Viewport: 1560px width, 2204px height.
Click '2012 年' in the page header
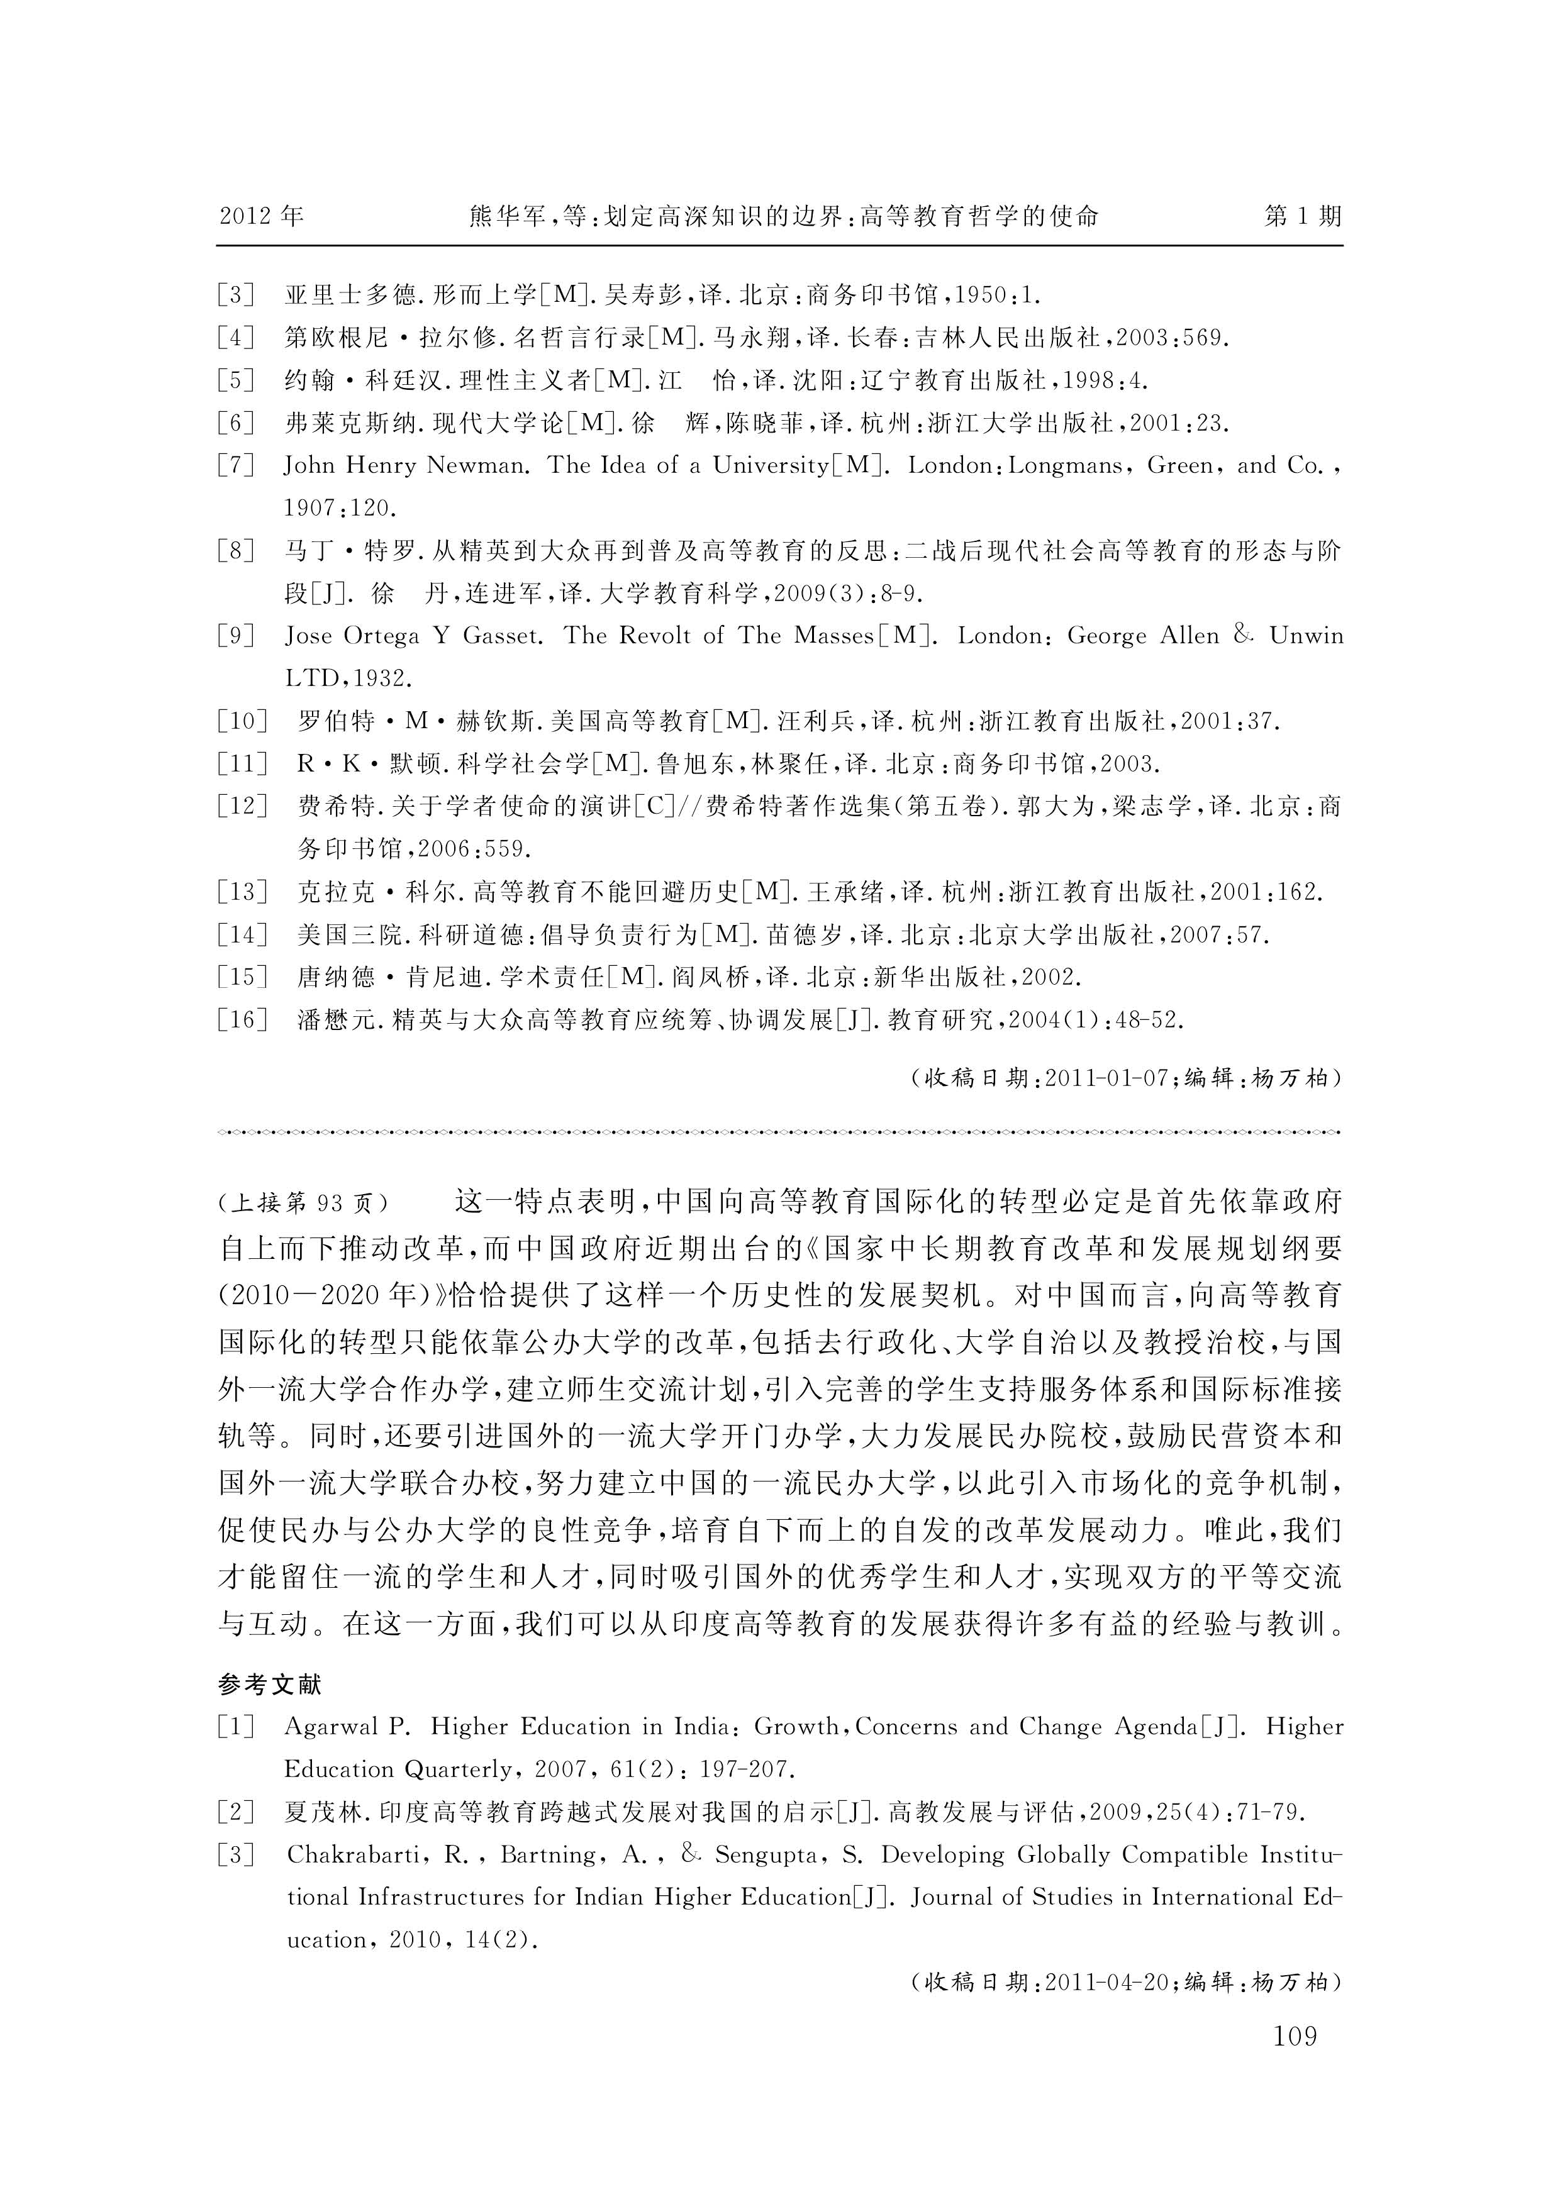[261, 216]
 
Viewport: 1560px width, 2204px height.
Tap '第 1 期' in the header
[1303, 216]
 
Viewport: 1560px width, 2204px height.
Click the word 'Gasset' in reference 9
[501, 636]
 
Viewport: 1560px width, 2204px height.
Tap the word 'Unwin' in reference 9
[1305, 636]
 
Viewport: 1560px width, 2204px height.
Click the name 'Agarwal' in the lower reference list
[331, 1727]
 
